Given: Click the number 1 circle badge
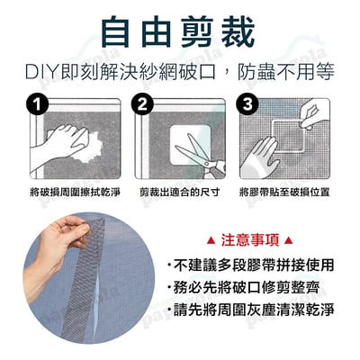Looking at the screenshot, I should (35, 105).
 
